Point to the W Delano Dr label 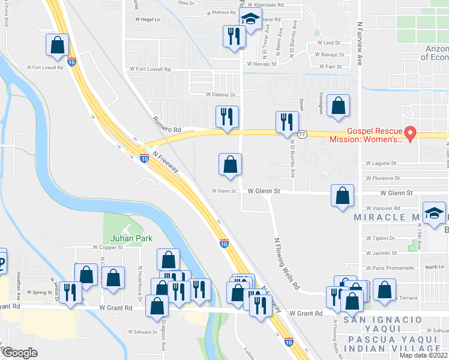point(221,94)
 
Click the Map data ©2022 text point(424,355)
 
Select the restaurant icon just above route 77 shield point(287,121)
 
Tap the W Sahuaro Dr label point(145,331)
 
